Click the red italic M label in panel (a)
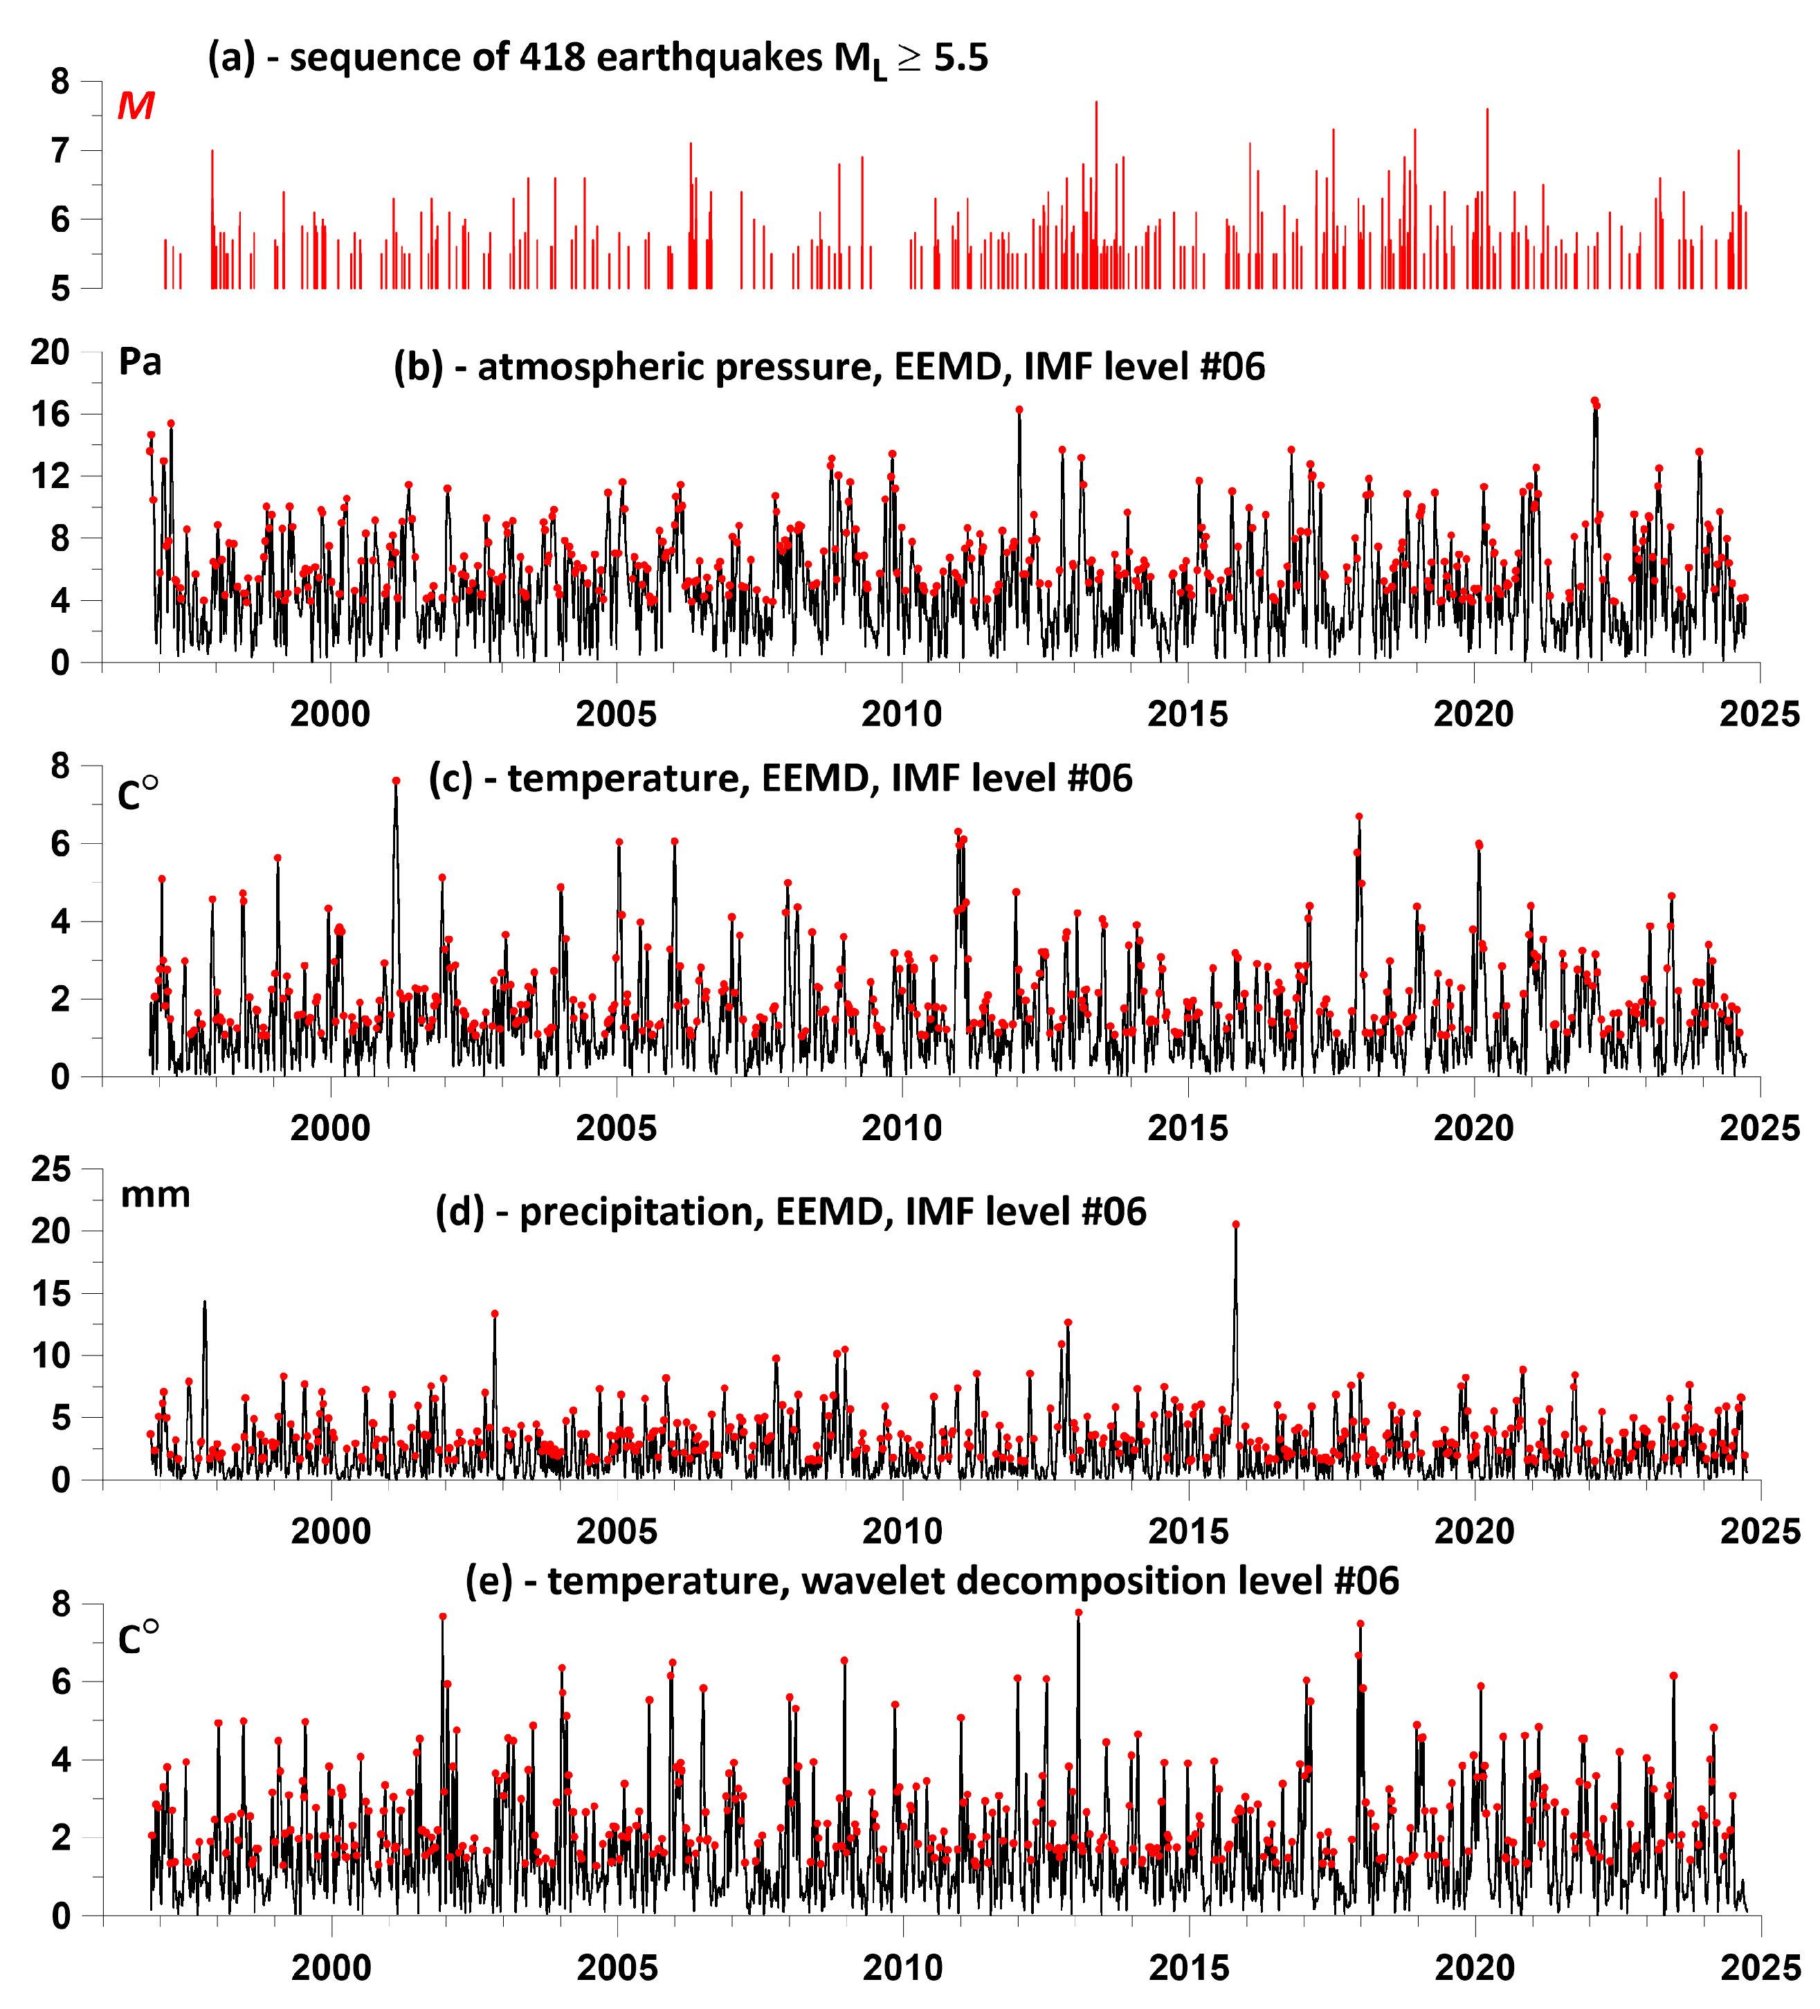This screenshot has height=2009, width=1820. (136, 106)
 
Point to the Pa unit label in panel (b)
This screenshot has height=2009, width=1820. (140, 362)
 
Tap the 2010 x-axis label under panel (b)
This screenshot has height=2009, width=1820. (902, 714)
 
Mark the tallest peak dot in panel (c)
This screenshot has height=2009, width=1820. (395, 782)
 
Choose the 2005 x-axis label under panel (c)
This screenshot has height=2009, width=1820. (616, 1128)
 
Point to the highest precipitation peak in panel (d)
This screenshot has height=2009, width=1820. (1235, 1225)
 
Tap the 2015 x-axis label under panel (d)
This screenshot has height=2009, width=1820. (1188, 1531)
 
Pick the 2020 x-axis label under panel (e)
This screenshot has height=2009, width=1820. (1474, 1968)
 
